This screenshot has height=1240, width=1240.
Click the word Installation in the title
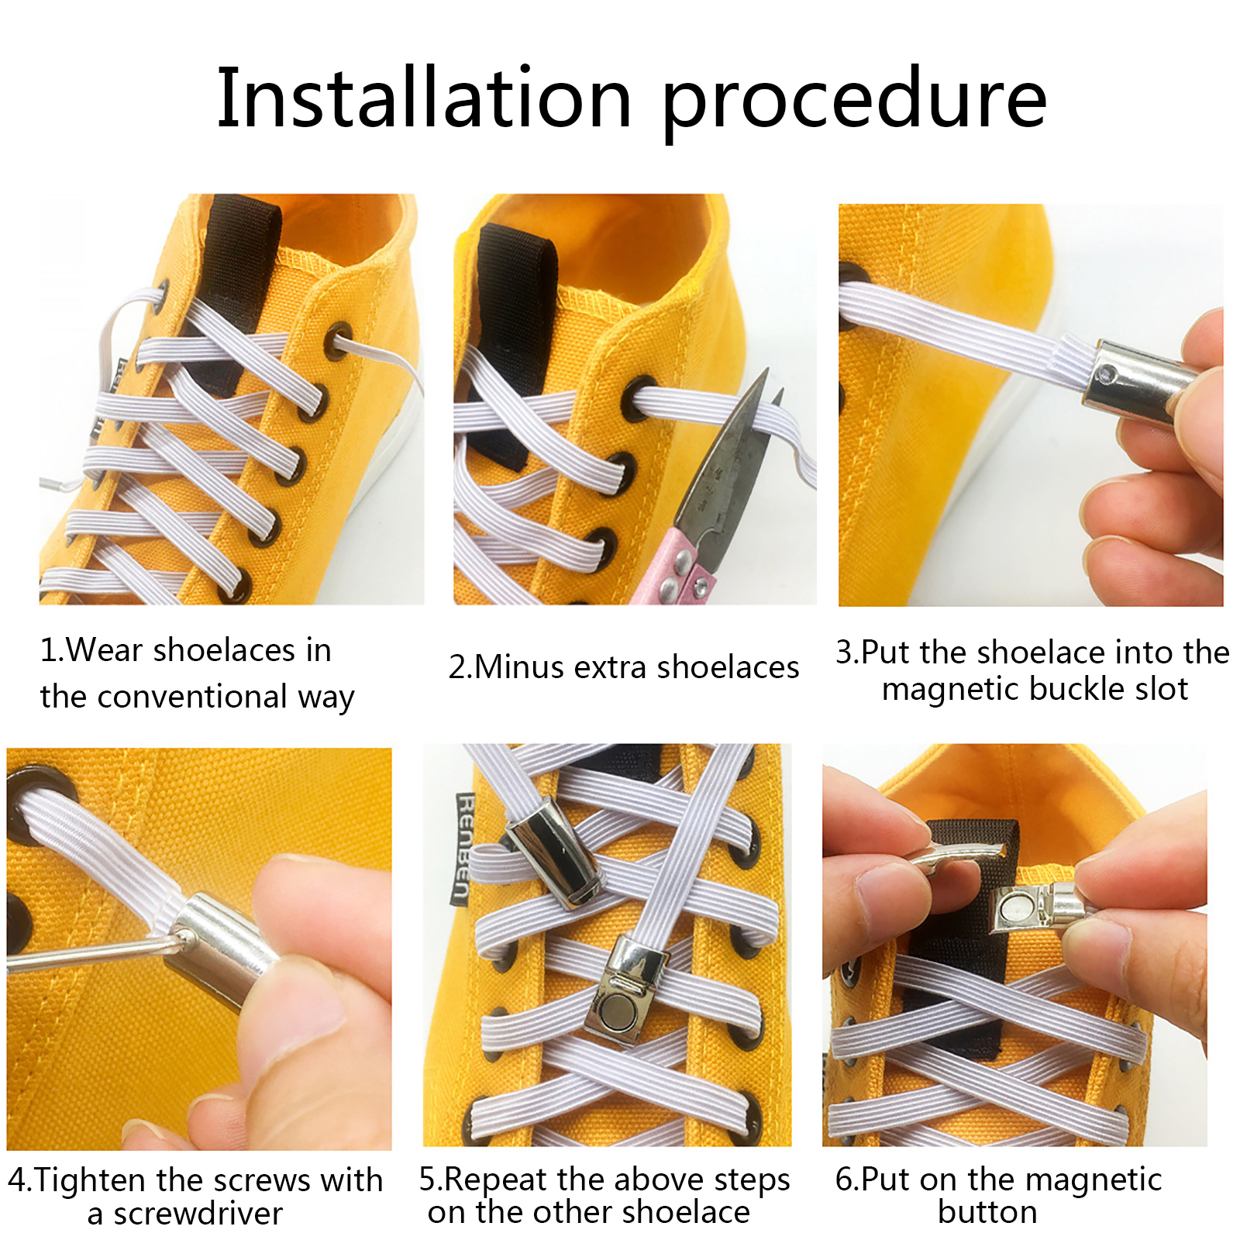[x=424, y=98]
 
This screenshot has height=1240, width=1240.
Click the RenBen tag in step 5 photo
[x=463, y=848]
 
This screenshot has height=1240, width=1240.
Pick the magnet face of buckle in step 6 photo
[x=1017, y=907]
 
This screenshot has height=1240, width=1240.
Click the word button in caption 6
[x=987, y=1212]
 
